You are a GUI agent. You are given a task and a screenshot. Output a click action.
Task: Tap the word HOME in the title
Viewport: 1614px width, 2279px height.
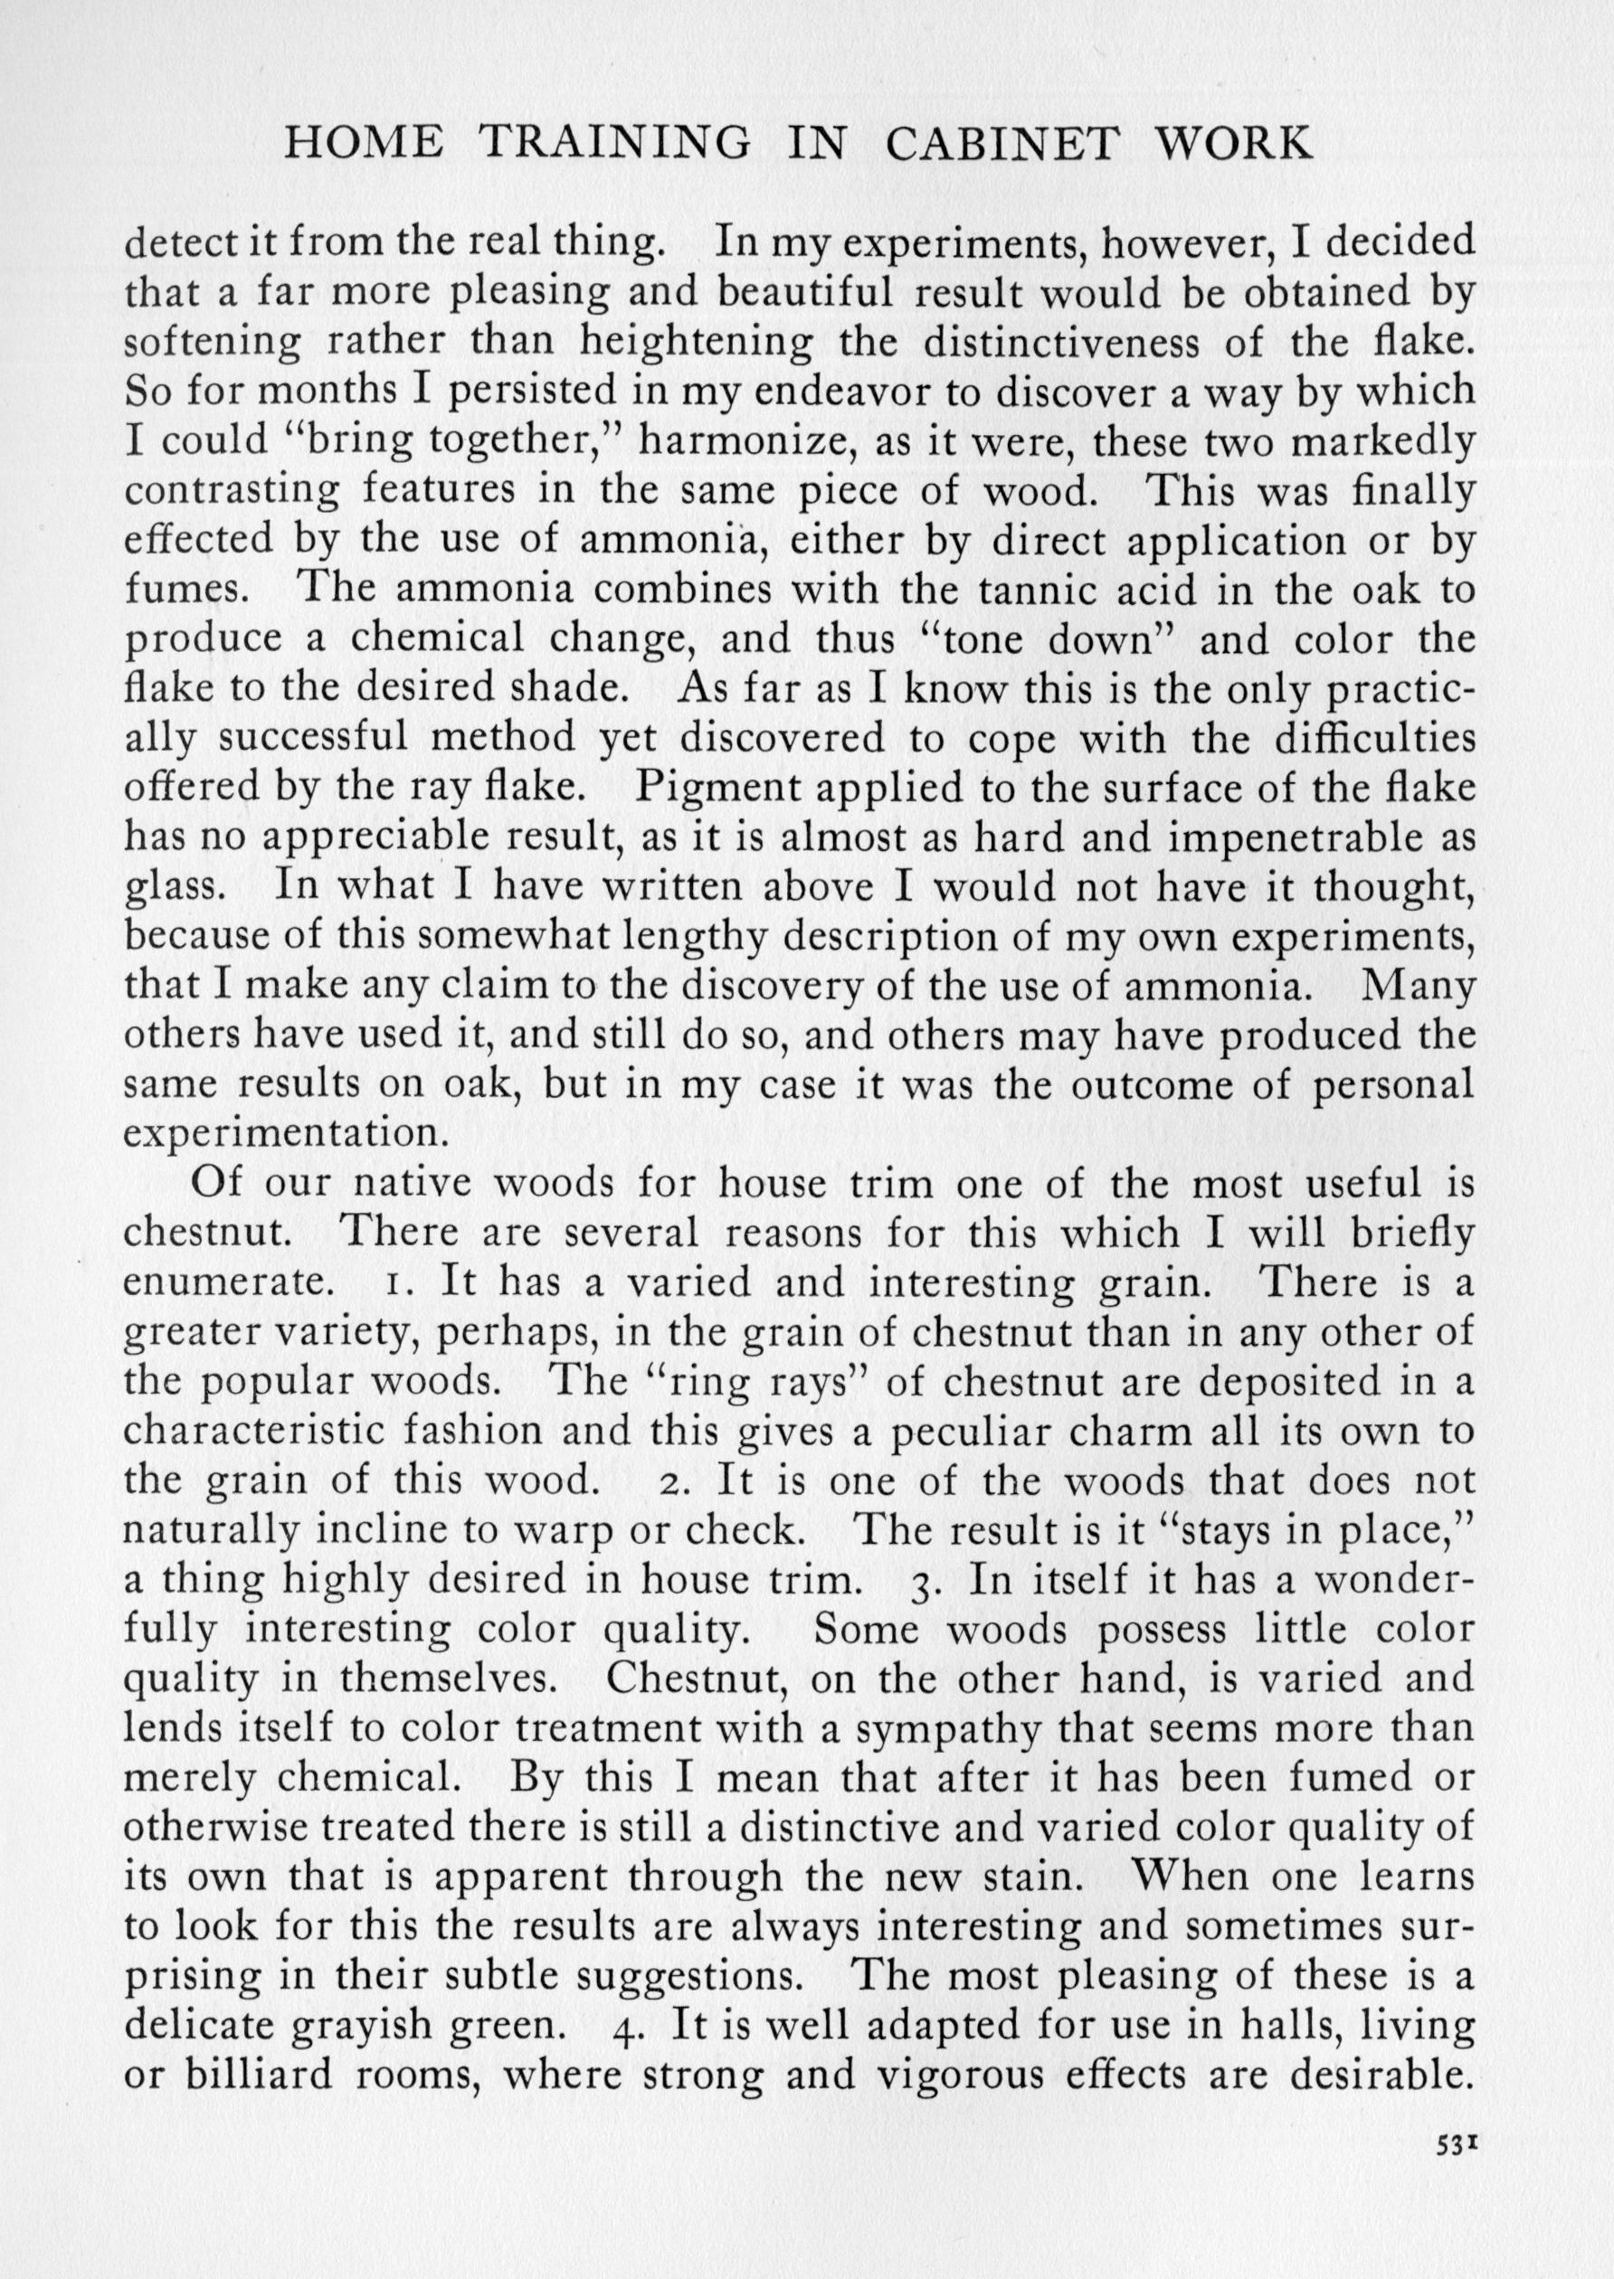[364, 144]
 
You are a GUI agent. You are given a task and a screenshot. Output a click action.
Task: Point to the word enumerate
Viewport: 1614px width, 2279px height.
[226, 1282]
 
